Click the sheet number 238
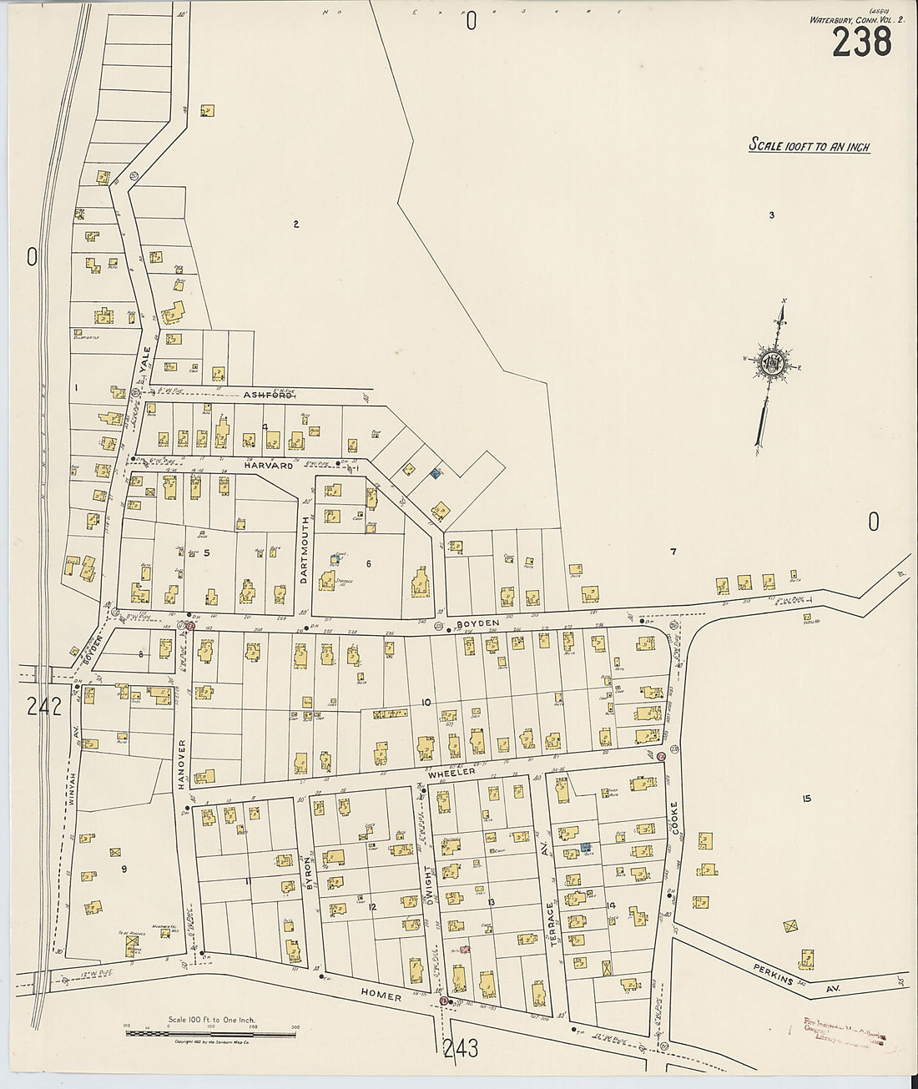coord(861,42)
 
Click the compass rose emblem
coord(772,364)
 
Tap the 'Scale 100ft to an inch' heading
coord(809,146)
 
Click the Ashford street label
coord(267,396)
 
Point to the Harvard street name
coord(269,466)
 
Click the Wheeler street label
coord(452,774)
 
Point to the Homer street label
coord(382,996)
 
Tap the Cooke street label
coord(673,821)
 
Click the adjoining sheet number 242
coord(43,708)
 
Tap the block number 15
coord(806,799)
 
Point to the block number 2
coord(295,224)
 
